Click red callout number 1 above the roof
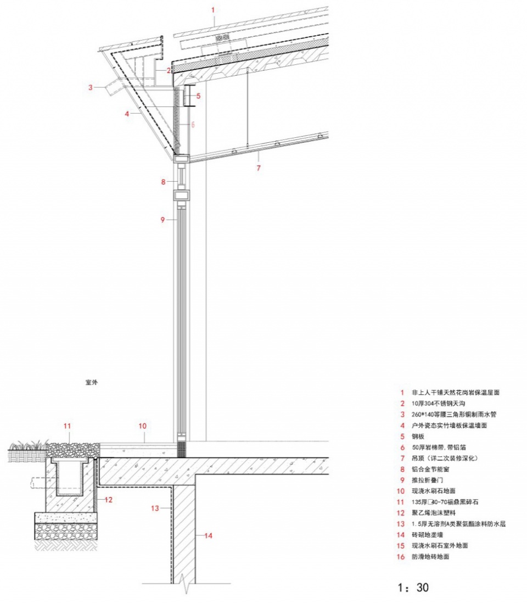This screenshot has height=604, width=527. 213,10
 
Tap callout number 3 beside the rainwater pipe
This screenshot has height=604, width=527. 91,87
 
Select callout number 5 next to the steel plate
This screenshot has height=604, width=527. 198,96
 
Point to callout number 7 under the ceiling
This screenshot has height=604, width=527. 259,168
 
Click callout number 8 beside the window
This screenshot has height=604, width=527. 164,182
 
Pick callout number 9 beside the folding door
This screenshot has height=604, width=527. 162,220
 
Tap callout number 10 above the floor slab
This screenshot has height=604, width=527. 143,426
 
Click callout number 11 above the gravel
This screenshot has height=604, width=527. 68,426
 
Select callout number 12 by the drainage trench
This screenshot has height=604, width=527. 108,500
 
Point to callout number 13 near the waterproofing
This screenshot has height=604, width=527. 155,508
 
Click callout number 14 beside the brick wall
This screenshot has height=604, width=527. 208,535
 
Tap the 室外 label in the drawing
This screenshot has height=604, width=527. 92,383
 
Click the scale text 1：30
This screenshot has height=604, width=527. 413,588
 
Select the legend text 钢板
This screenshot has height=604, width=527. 418,437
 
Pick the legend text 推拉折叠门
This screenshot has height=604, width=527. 427,480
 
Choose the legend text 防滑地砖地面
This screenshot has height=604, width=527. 430,557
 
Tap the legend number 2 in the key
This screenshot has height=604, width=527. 402,404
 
